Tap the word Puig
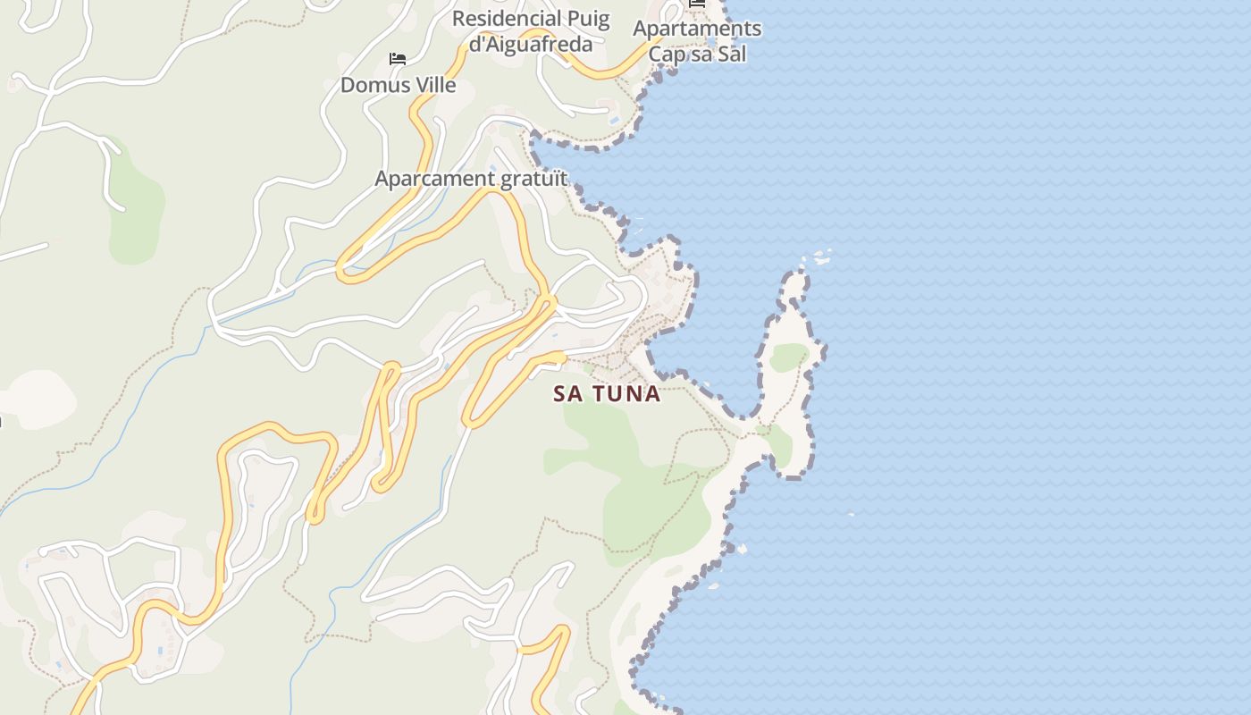(588, 19)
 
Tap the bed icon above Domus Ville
(398, 60)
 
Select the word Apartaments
(697, 29)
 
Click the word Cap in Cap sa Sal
(667, 54)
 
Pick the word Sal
(732, 54)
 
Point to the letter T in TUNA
(597, 394)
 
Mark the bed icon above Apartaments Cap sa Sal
(697, 4)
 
